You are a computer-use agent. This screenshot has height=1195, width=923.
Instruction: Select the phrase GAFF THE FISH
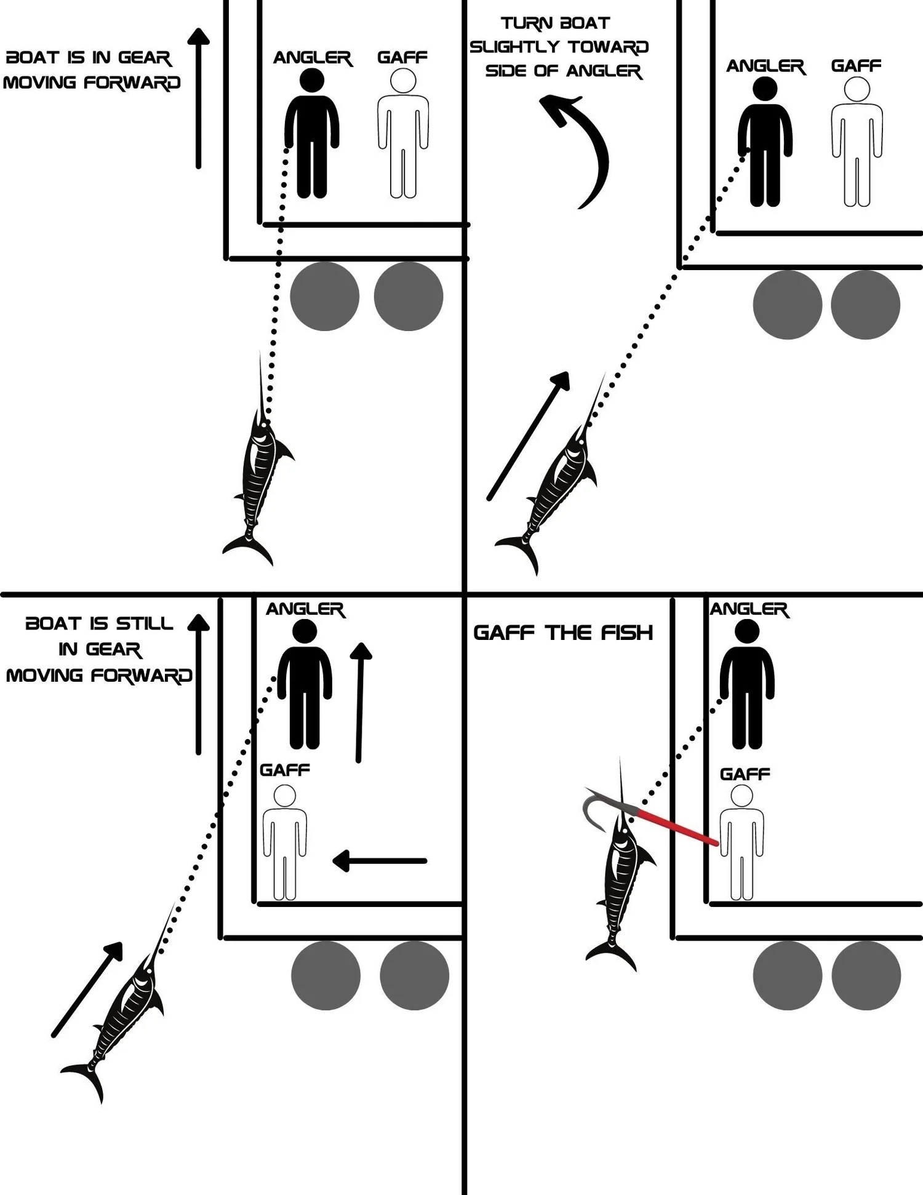562,633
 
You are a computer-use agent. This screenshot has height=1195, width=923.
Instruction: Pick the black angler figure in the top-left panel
312,133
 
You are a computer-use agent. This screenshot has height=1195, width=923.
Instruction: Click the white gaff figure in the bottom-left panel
285,843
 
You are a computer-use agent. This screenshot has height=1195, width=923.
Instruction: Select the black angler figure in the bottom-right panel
747,684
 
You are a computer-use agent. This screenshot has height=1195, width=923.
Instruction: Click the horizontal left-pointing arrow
379,861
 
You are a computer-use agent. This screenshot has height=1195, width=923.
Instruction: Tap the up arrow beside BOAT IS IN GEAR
198,98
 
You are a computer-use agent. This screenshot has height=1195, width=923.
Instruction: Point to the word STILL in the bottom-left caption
145,624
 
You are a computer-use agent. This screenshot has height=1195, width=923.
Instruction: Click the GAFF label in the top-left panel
402,57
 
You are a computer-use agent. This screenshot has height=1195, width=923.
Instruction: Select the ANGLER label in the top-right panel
765,66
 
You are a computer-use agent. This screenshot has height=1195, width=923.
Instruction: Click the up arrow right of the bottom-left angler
360,703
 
